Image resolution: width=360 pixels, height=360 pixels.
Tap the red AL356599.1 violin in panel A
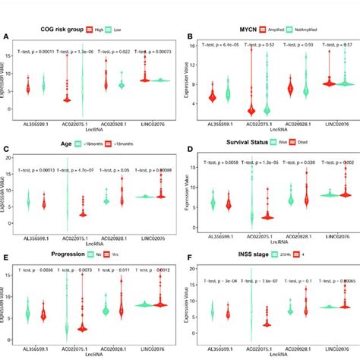29,87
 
